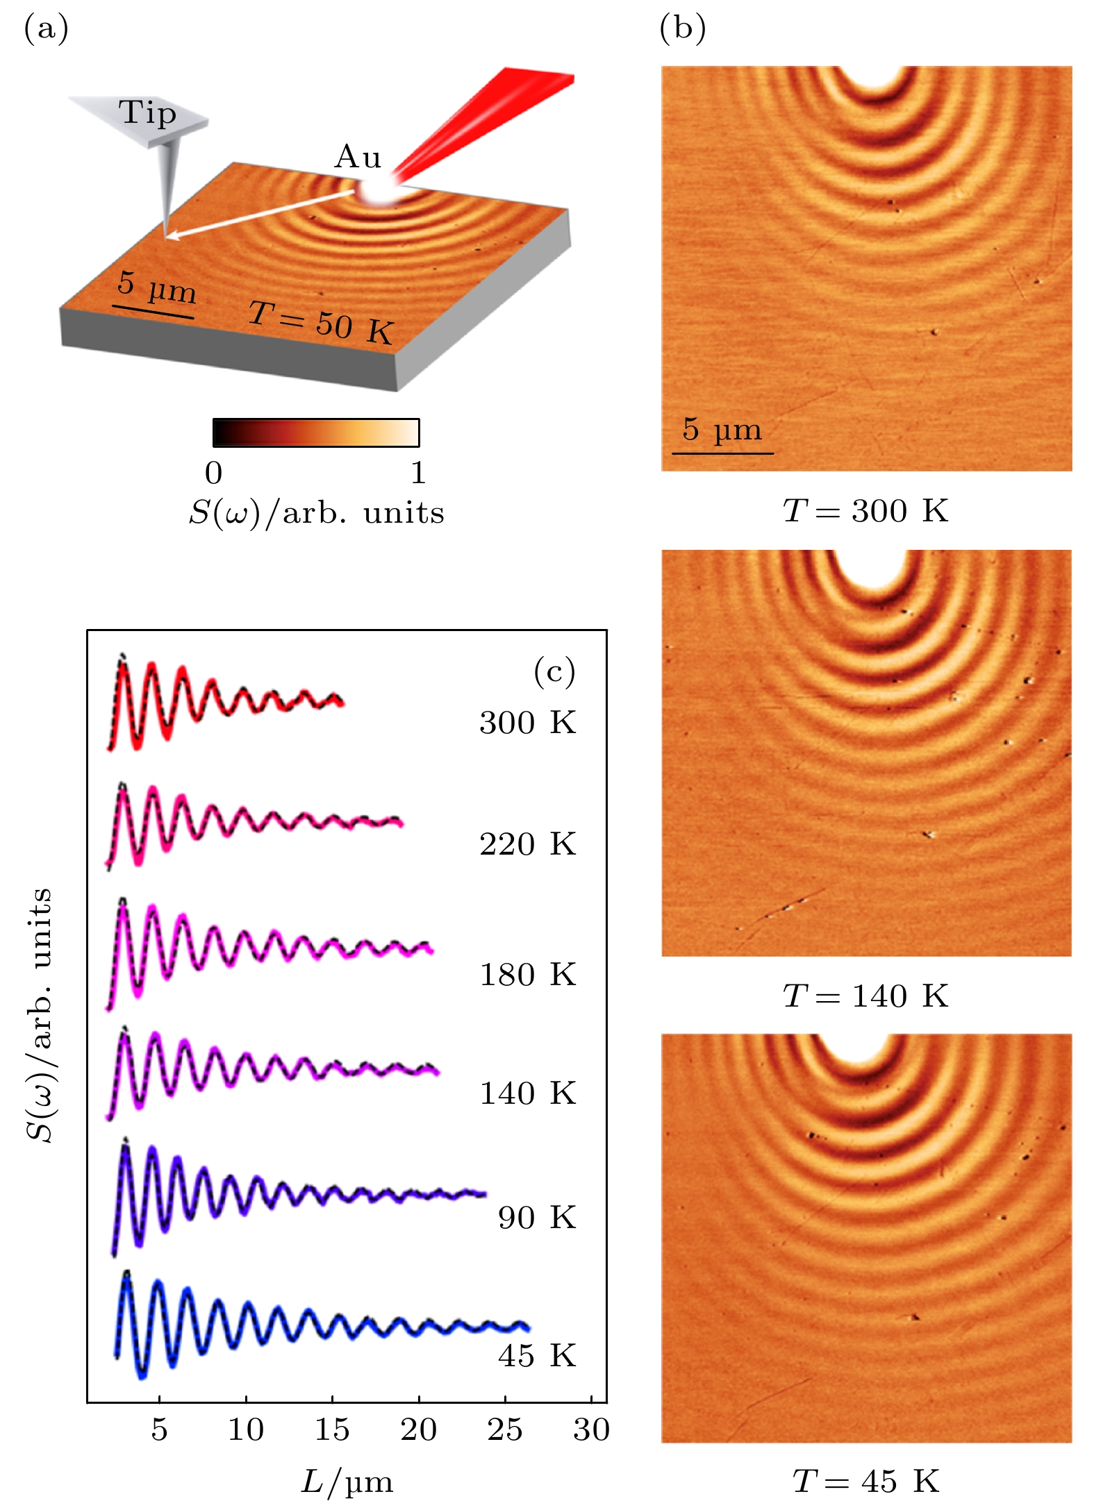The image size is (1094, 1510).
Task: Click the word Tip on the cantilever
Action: pos(147,113)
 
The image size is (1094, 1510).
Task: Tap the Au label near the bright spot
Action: pos(358,158)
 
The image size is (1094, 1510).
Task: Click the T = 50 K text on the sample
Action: pos(320,324)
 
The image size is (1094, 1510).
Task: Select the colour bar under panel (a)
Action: pos(316,433)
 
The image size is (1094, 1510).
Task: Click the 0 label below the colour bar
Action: pos(214,473)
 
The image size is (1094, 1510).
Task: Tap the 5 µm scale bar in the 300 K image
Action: pos(722,453)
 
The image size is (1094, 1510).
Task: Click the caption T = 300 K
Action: pos(865,512)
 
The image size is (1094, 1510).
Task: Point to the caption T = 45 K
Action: pos(865,1482)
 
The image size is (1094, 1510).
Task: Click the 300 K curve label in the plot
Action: pos(527,723)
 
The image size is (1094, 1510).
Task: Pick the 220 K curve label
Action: pos(527,845)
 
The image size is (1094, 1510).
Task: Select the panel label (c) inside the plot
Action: pos(554,671)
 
